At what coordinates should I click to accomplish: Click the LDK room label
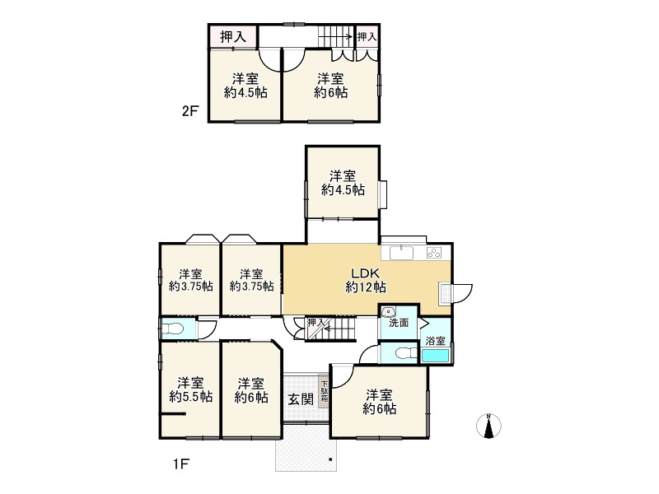[x=365, y=273]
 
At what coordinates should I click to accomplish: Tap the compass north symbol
[x=488, y=426]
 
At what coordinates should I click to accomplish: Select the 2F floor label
[x=189, y=111]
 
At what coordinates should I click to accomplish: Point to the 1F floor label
[x=180, y=464]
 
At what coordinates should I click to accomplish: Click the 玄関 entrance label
[x=301, y=399]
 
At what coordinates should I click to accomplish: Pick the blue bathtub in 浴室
[x=436, y=356]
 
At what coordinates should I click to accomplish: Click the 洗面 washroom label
[x=399, y=323]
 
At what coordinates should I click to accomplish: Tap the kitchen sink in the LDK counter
[x=401, y=254]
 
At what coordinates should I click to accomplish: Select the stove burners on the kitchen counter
[x=434, y=253]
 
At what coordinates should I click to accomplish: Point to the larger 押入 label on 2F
[x=233, y=37]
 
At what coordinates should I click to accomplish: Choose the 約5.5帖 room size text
[x=191, y=397]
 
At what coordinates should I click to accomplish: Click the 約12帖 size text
[x=366, y=287]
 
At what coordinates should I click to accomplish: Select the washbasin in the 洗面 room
[x=388, y=312]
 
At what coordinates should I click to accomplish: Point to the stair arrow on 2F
[x=335, y=37]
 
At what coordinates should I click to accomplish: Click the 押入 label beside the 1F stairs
[x=316, y=323]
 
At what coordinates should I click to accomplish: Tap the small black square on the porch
[x=330, y=459]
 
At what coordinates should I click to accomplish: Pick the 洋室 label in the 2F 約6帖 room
[x=330, y=78]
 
